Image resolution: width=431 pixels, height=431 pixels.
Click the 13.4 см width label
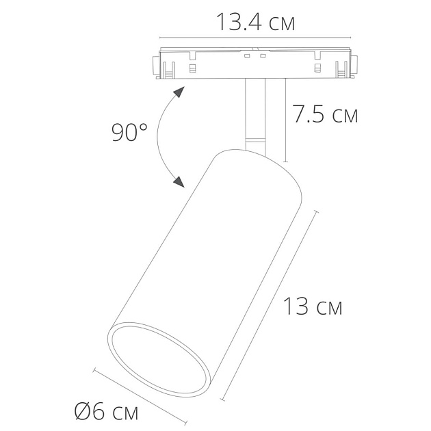pyautogui.click(x=256, y=22)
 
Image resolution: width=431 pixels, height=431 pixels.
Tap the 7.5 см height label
pyautogui.click(x=325, y=115)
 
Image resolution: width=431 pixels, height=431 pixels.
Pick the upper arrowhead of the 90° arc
pyautogui.click(x=180, y=92)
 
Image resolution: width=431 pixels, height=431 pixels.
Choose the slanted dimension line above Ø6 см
pyautogui.click(x=140, y=397)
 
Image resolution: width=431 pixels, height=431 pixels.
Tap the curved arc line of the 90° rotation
pyautogui.click(x=159, y=137)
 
